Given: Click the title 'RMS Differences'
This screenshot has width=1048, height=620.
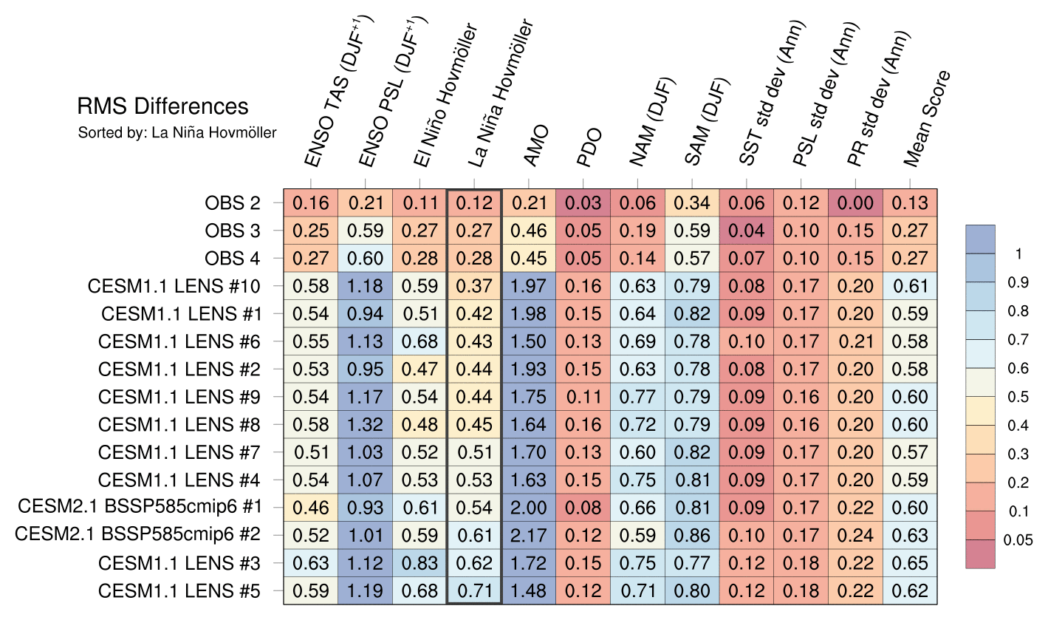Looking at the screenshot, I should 162,107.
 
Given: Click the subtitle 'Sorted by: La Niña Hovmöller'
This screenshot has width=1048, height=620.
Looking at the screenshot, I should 177,134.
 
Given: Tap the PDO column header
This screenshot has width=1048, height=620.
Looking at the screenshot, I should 589,148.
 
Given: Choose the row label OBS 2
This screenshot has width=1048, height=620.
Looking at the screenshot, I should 233,202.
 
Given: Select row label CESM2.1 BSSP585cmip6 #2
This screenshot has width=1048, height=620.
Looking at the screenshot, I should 138,535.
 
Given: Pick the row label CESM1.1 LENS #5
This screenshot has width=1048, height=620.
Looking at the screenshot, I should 179,590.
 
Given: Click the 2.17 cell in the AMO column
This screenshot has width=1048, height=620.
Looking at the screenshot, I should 529,536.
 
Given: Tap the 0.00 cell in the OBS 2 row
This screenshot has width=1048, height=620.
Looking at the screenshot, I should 856,203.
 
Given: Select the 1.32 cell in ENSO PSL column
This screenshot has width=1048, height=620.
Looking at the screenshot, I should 366,425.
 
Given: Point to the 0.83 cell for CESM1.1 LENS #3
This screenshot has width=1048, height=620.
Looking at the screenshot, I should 419,563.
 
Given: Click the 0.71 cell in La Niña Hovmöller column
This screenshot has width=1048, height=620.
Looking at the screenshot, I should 474,591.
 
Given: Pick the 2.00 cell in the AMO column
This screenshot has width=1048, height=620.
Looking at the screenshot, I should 529,508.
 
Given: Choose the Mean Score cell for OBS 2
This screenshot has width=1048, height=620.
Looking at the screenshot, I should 911,203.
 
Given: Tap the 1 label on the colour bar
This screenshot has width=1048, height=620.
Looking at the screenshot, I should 1019,253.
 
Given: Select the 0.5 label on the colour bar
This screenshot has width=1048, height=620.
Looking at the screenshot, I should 1018,397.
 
